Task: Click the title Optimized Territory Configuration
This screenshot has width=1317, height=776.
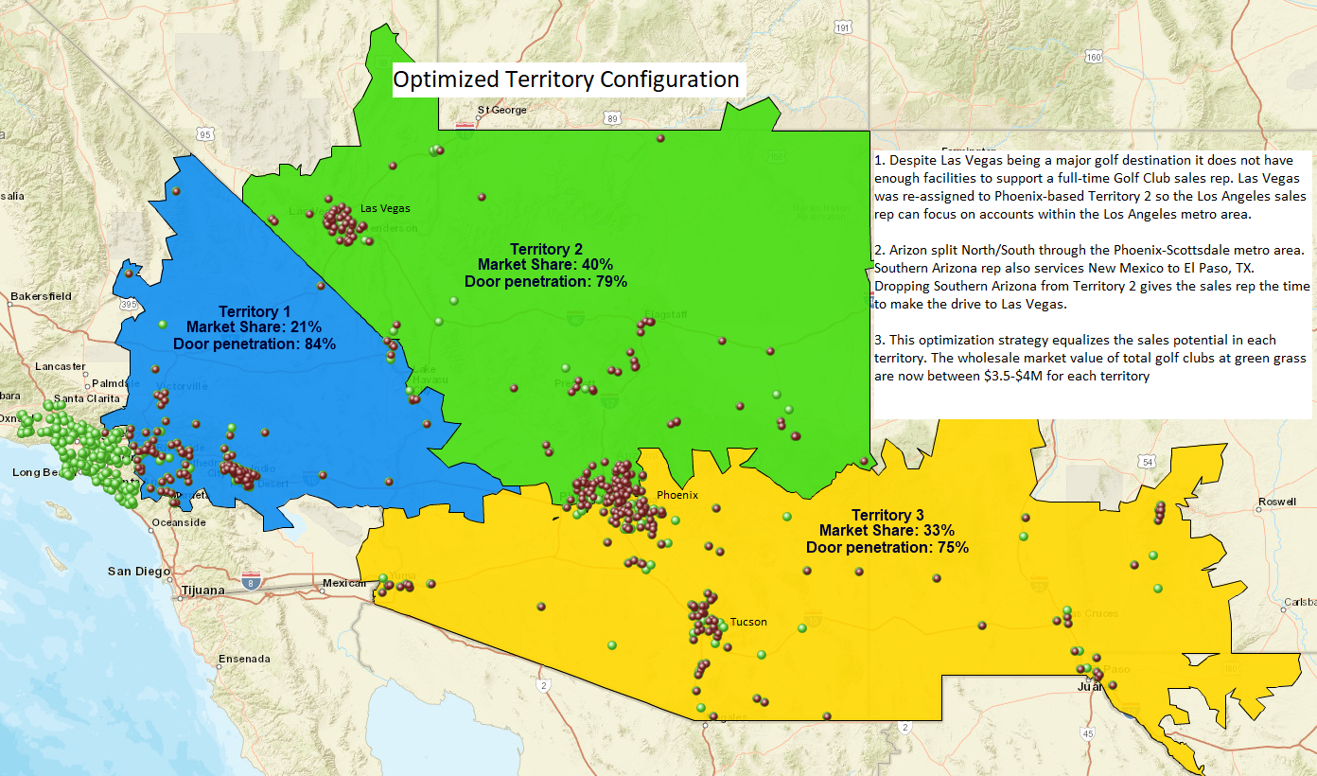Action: click(566, 79)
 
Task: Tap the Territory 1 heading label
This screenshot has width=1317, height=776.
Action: click(255, 311)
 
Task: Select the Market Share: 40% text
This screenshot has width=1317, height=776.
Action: click(545, 265)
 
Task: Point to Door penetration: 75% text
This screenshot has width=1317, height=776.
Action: click(887, 547)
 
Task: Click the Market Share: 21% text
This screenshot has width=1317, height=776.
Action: click(255, 327)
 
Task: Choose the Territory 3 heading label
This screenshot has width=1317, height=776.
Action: click(887, 515)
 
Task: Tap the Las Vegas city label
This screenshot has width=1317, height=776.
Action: click(385, 208)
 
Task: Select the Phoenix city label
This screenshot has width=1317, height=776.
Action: click(676, 495)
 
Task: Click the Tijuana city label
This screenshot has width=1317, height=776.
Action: click(202, 591)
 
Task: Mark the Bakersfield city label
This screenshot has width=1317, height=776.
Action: click(41, 296)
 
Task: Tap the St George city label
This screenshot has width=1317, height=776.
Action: click(501, 110)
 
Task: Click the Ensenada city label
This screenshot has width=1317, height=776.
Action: click(244, 659)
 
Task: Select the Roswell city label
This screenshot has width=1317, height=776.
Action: click(1276, 502)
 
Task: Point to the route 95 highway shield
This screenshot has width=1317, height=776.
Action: click(205, 134)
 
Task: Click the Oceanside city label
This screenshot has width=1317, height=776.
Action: click(179, 522)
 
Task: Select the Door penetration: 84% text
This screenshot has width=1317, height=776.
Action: click(255, 344)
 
